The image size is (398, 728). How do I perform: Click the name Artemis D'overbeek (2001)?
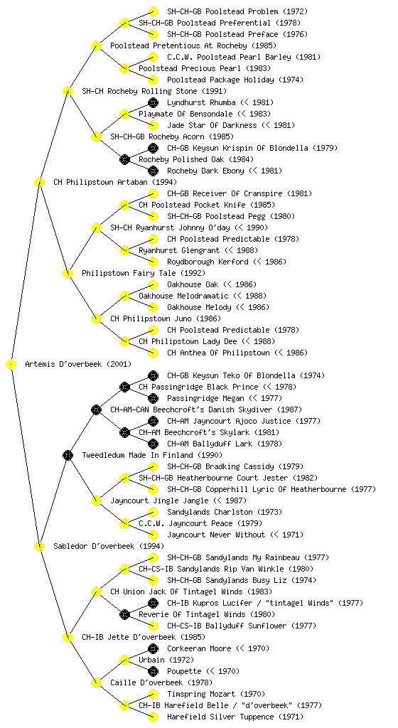pos(78,364)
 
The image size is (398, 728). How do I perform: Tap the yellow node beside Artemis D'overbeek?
pos(11,365)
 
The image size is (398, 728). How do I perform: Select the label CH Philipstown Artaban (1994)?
pos(115,182)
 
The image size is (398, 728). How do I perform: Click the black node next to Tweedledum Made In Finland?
pos(68,456)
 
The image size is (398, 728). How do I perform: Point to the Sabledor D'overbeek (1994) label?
pos(109,546)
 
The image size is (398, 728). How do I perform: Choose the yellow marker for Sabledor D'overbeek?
pos(39,547)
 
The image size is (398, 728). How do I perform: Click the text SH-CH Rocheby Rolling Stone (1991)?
pos(154,91)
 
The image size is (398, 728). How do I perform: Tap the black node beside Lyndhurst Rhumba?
pos(153,102)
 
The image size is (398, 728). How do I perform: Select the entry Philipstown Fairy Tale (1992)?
pos(144,273)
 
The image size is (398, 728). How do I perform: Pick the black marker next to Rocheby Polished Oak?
pos(124,160)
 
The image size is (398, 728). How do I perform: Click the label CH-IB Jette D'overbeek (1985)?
pos(144,637)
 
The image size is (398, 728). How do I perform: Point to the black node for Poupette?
pos(153,671)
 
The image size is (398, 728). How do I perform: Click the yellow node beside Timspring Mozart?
pos(153,694)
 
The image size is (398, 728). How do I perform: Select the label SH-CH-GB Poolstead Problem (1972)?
pos(237,11)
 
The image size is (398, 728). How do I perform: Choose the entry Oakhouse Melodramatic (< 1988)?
pos(203,296)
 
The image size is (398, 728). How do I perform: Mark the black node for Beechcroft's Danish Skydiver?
pos(96,410)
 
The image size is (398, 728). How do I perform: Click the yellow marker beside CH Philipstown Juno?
pos(96,319)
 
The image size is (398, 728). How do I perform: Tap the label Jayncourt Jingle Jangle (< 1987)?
pos(178,500)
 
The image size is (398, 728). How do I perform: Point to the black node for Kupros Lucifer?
pos(153,603)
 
